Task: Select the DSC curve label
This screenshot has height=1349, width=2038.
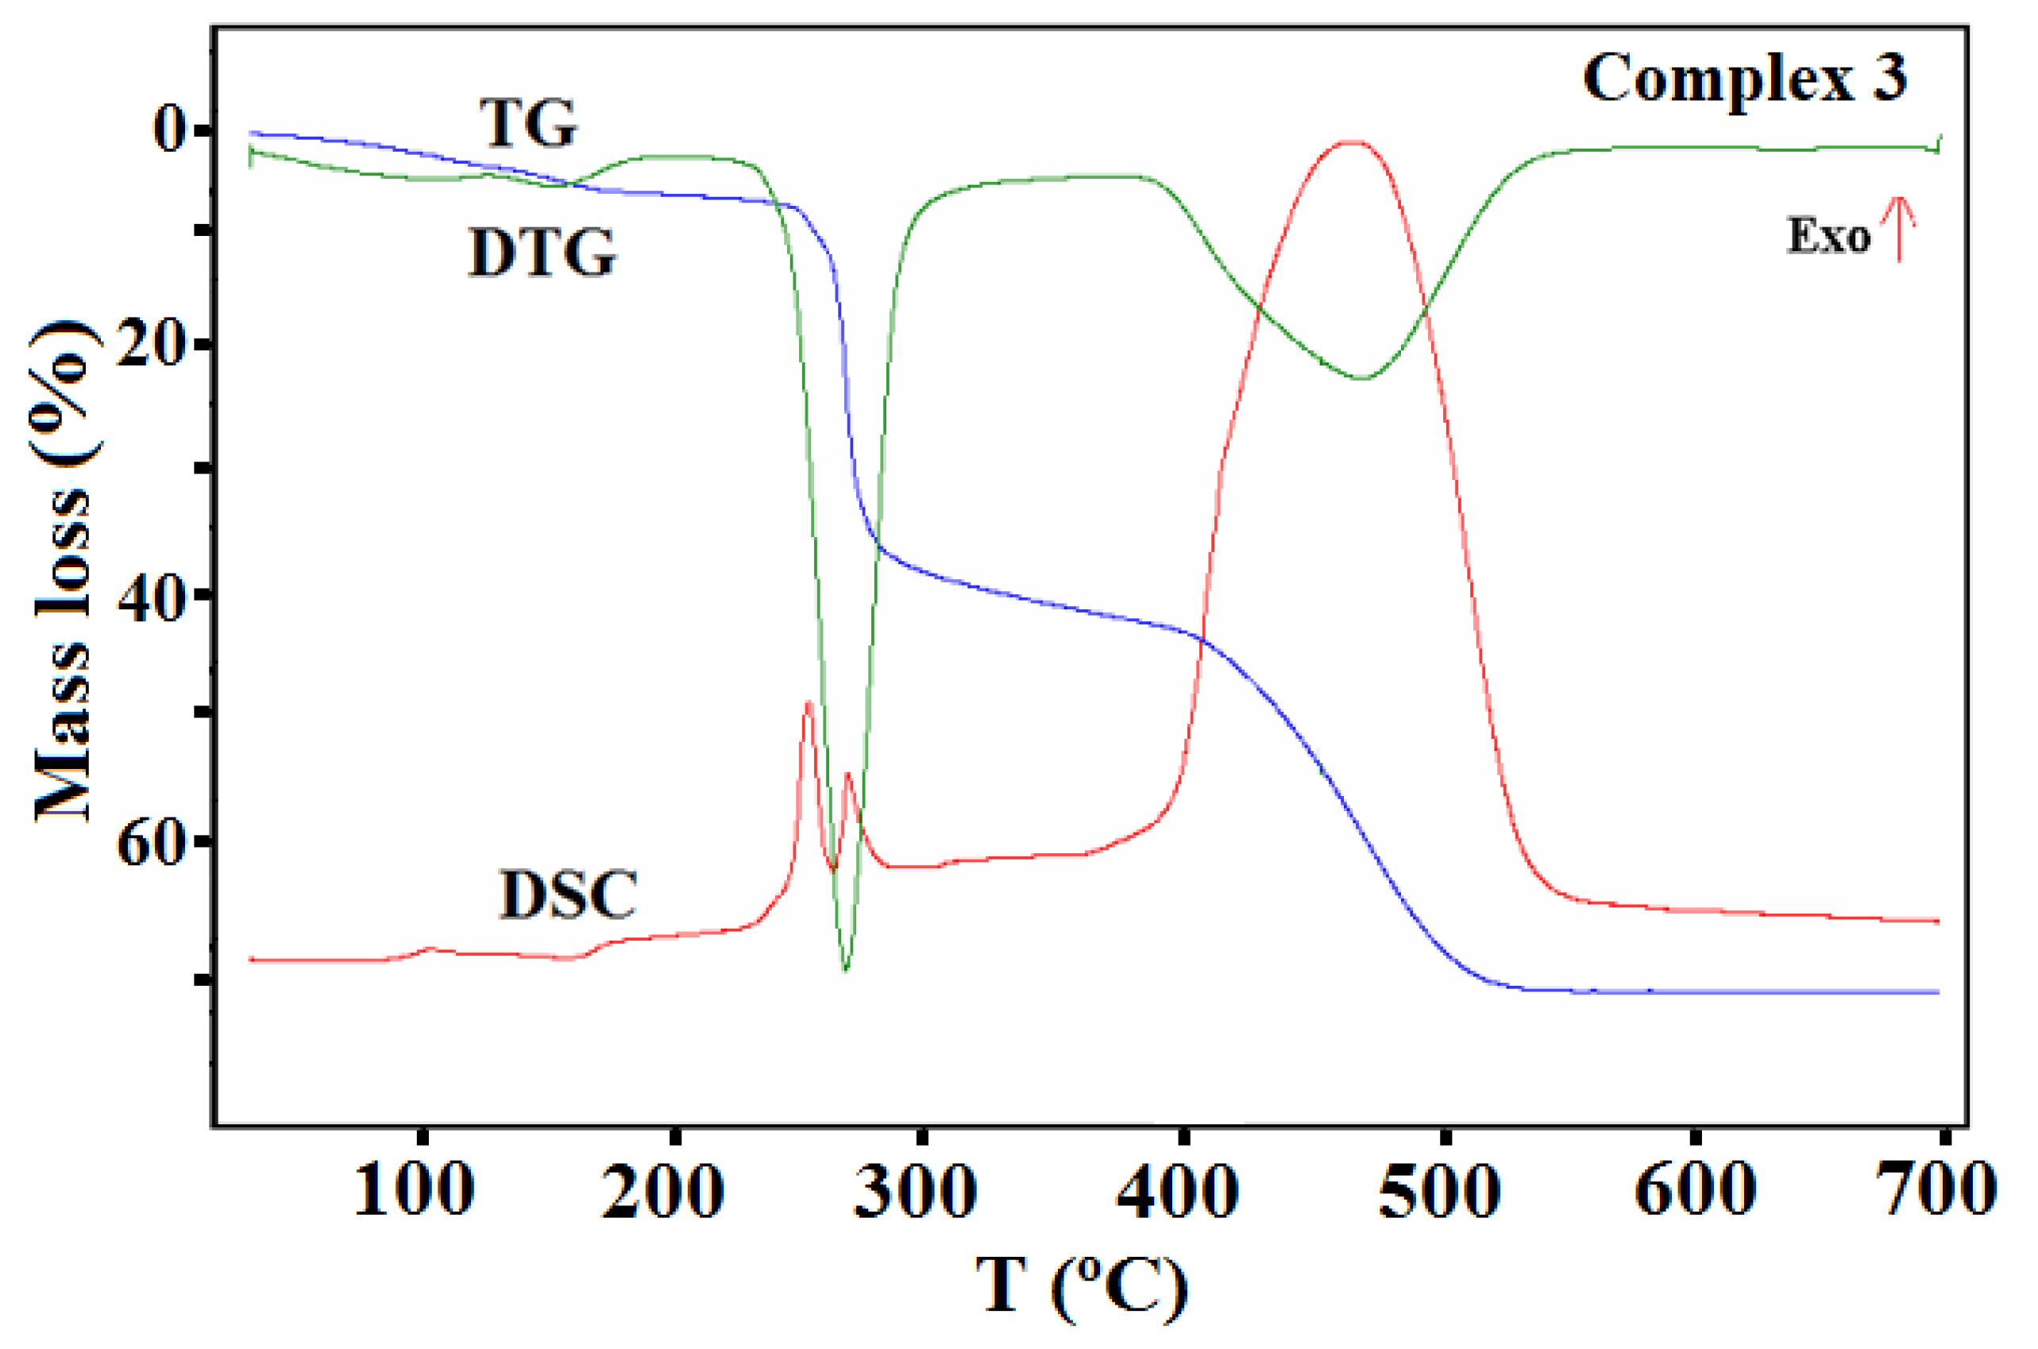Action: pyautogui.click(x=568, y=895)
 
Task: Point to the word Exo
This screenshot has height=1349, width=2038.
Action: pyautogui.click(x=1829, y=236)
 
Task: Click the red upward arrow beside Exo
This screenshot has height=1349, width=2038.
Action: pyautogui.click(x=1900, y=228)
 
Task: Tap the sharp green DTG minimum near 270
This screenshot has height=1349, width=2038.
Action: pyautogui.click(x=846, y=968)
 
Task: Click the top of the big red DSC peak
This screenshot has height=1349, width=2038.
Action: pyautogui.click(x=1352, y=143)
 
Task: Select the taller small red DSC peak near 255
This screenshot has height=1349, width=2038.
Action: pyautogui.click(x=809, y=704)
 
